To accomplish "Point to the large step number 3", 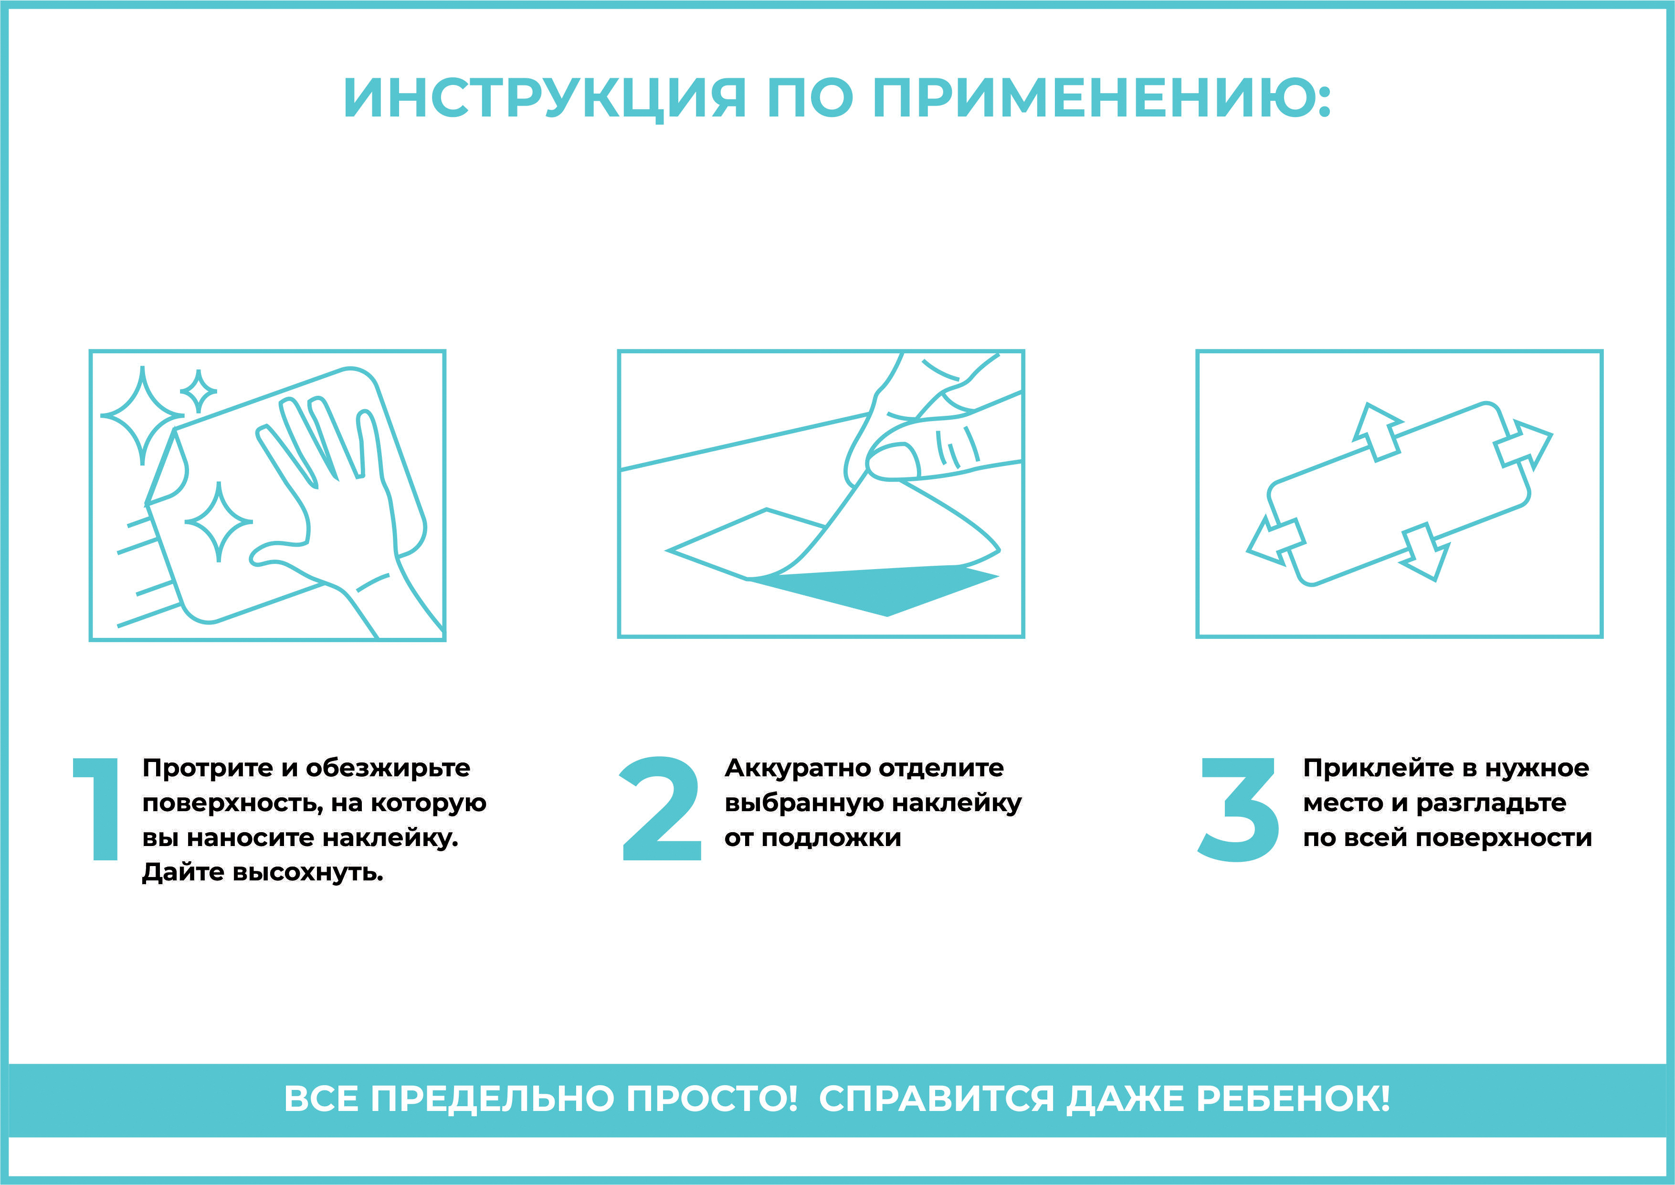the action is tap(1238, 810).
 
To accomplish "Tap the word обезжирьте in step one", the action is tap(388, 768).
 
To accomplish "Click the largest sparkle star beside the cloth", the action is tap(143, 415).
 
